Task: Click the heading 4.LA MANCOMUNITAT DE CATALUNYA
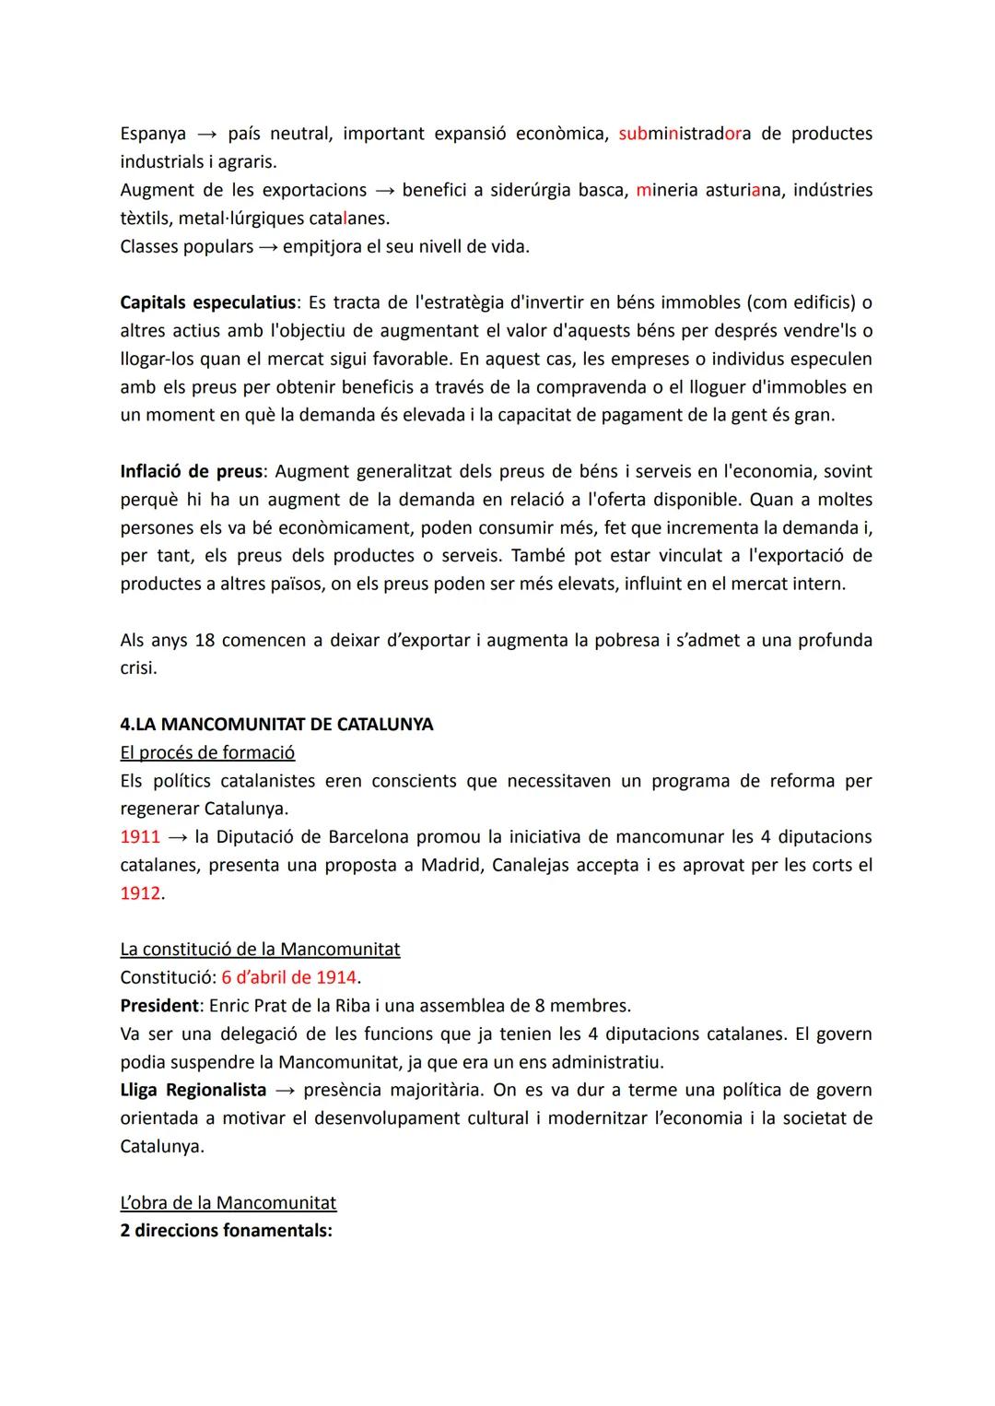point(276,724)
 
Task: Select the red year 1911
point(140,837)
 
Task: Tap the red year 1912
point(140,893)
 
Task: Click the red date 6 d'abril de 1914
point(289,977)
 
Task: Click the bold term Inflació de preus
point(192,471)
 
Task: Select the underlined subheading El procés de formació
point(207,752)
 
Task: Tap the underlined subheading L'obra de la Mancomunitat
point(228,1202)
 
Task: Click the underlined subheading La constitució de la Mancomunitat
point(260,949)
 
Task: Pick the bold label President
point(159,1005)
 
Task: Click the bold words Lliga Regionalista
point(193,1090)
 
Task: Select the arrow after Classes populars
point(268,247)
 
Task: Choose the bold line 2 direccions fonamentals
point(226,1231)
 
